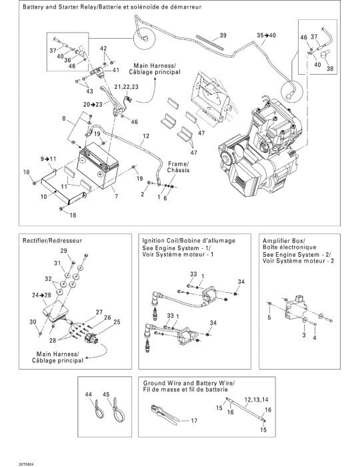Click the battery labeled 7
point(98,166)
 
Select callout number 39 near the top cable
point(223,35)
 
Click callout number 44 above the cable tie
point(89,394)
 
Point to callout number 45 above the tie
point(106,394)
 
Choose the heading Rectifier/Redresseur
point(53,240)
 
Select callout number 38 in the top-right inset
point(330,68)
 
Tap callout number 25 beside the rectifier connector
point(117,322)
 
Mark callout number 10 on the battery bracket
point(44,197)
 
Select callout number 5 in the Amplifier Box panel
point(269,318)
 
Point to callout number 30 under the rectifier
point(33,322)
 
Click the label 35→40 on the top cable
point(266,35)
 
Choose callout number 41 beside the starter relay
point(116,70)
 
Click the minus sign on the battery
point(84,159)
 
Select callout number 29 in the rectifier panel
point(64,251)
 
